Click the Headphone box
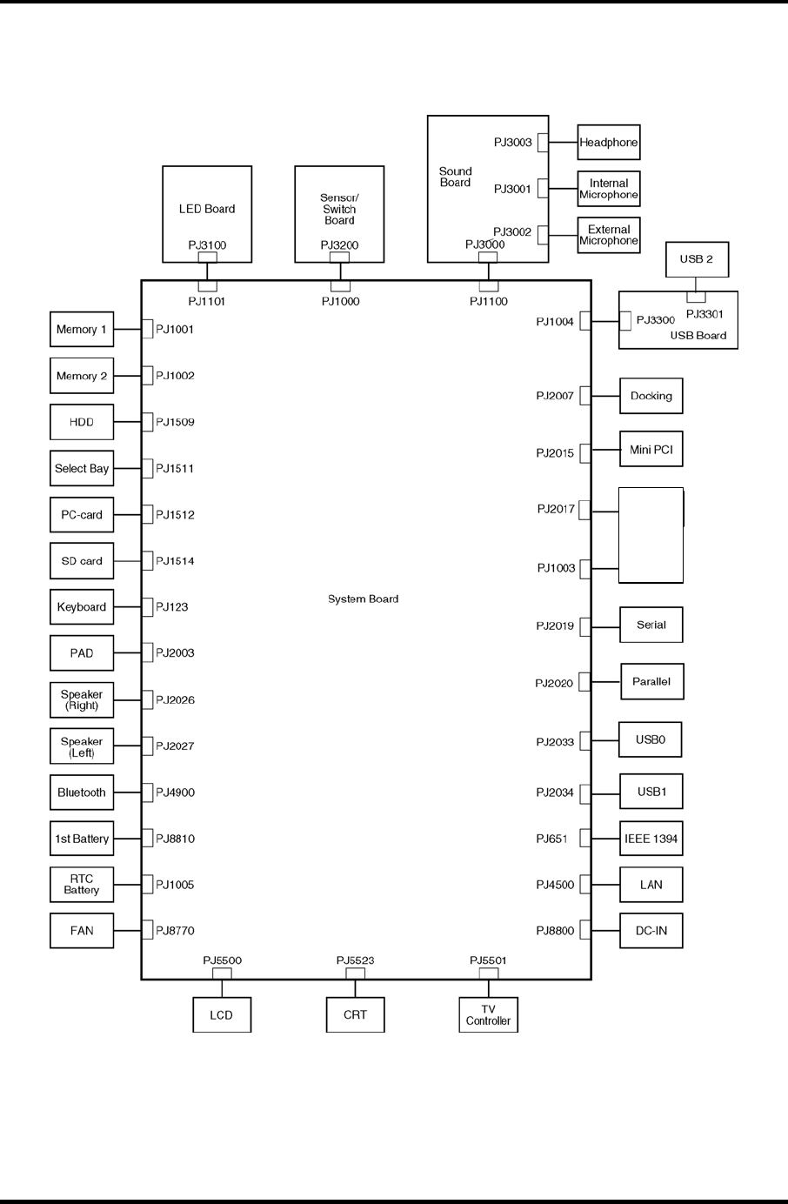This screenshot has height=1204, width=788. point(608,142)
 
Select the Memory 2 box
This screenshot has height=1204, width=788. point(82,376)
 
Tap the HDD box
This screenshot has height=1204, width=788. point(82,422)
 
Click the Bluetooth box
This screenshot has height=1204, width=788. point(82,793)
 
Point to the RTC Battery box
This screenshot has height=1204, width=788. point(82,885)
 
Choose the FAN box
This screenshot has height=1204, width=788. point(82,931)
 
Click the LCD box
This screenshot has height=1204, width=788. point(222,1015)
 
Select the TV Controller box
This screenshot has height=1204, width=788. point(488,1015)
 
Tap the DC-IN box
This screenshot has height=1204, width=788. point(651,931)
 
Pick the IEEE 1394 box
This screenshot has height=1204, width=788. point(651,839)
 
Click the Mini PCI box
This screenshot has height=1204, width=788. point(651,450)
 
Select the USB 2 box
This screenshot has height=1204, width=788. point(696,259)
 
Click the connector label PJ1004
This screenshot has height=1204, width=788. point(555,322)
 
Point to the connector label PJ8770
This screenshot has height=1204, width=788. point(175,931)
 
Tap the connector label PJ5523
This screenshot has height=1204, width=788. point(355,960)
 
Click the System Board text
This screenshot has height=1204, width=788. point(363,599)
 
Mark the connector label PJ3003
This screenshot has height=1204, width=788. point(512,143)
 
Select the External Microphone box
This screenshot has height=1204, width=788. point(608,236)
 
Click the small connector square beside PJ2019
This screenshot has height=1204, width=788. point(585,626)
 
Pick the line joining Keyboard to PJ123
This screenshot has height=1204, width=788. point(127,607)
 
